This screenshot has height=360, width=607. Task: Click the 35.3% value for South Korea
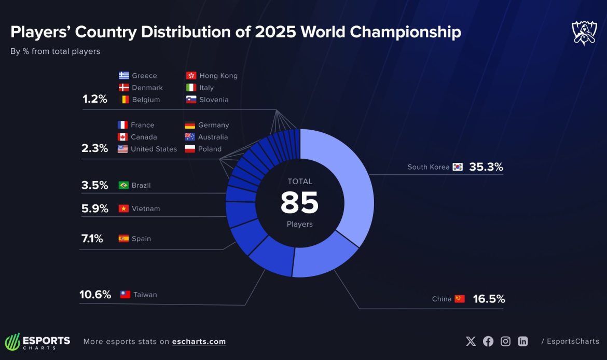click(486, 167)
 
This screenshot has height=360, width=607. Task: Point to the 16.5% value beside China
click(489, 299)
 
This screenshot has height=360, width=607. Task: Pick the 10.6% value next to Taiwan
click(95, 295)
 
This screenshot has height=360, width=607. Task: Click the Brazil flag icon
click(123, 185)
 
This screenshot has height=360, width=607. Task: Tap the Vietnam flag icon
click(123, 209)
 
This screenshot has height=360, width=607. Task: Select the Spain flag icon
click(123, 239)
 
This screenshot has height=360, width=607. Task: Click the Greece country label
click(144, 76)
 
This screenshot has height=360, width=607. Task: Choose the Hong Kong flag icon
click(190, 76)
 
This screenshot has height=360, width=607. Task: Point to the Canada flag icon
click(122, 137)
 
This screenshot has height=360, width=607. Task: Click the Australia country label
click(213, 137)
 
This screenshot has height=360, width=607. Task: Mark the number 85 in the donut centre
click(299, 203)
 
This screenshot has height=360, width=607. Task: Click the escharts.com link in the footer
click(199, 341)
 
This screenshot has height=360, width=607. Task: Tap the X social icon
click(471, 341)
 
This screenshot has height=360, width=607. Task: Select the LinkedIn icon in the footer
click(523, 341)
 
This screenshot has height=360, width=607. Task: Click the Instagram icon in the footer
click(505, 341)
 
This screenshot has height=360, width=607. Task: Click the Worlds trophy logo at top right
click(584, 33)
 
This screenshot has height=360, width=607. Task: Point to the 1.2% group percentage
click(95, 99)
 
